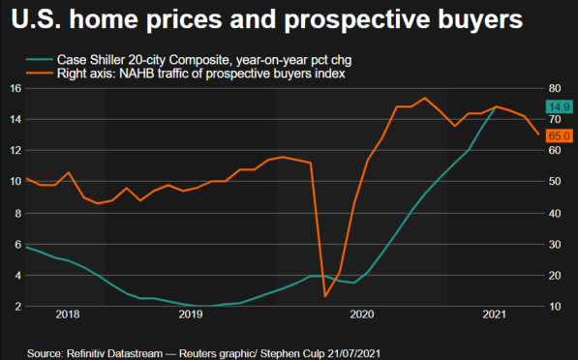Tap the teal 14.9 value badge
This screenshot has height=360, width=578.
tap(560, 105)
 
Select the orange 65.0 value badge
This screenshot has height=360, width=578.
tap(560, 136)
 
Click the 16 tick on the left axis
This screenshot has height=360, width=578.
tap(15, 88)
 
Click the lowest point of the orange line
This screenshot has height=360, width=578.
tap(324, 296)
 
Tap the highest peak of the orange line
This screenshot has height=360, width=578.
tap(424, 98)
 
